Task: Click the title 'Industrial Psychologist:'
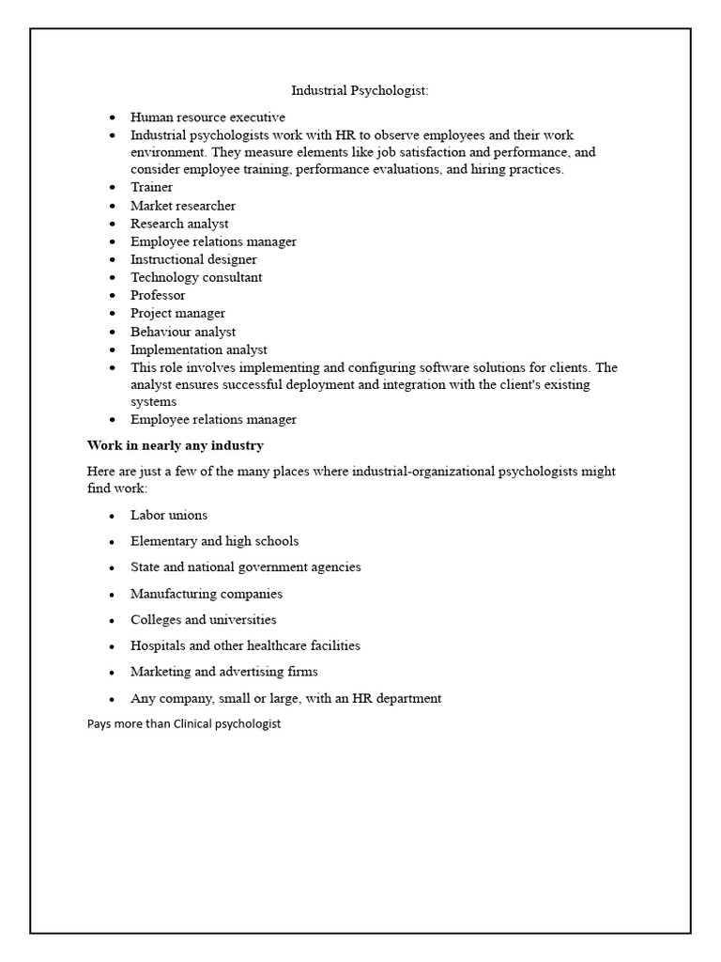pyautogui.click(x=360, y=91)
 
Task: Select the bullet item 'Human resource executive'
pyautogui.click(x=207, y=117)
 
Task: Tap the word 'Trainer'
pyautogui.click(x=151, y=187)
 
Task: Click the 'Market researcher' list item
pyautogui.click(x=183, y=206)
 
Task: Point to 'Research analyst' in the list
pyautogui.click(x=179, y=224)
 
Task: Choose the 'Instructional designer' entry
pyautogui.click(x=193, y=259)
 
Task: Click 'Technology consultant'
pyautogui.click(x=196, y=277)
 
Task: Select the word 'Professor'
pyautogui.click(x=158, y=295)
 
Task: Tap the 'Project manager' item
pyautogui.click(x=177, y=313)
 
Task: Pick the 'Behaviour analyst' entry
pyautogui.click(x=183, y=332)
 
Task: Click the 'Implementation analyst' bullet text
pyautogui.click(x=198, y=349)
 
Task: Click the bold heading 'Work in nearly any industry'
pyautogui.click(x=176, y=445)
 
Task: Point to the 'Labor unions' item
pyautogui.click(x=169, y=516)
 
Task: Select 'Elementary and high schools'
pyautogui.click(x=214, y=541)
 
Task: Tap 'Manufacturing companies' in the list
pyautogui.click(x=207, y=594)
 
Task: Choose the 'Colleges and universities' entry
pyautogui.click(x=204, y=620)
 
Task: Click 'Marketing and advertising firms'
pyautogui.click(x=224, y=672)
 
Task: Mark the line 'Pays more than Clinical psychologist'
pyautogui.click(x=184, y=724)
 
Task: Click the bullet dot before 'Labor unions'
pyautogui.click(x=112, y=516)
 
